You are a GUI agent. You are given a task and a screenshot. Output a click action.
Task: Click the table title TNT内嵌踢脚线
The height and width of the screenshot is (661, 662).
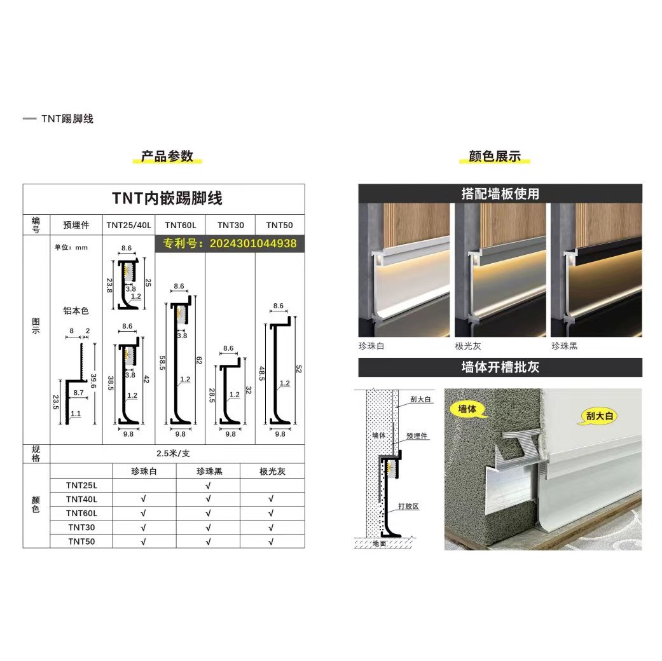coord(167,198)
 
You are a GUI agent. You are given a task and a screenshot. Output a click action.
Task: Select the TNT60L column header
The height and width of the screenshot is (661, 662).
coord(180,226)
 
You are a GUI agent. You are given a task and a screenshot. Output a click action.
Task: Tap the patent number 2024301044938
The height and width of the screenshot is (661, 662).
coord(253,243)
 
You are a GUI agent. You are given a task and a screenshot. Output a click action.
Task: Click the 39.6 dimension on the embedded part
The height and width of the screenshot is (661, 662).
coord(93,381)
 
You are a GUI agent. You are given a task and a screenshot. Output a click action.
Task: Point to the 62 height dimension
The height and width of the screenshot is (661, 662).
coord(199,360)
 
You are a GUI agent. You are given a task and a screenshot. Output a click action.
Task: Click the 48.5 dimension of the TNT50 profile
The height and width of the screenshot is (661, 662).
coord(262,374)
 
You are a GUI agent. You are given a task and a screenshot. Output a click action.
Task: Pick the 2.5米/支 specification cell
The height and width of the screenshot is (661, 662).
coord(173,454)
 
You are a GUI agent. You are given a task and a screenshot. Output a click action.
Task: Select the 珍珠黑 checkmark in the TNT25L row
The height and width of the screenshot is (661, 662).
coord(208,486)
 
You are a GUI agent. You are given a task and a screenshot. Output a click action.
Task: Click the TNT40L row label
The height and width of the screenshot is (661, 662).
coord(81,500)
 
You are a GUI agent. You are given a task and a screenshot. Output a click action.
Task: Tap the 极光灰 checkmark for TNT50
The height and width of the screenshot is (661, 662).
coord(271,542)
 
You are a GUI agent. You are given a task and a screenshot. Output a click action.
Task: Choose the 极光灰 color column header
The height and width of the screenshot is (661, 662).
coord(272,472)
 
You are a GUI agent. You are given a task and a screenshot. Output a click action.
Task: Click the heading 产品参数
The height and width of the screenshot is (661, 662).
coord(167,156)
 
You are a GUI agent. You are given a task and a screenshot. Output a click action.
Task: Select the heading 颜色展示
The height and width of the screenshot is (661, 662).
coord(494,156)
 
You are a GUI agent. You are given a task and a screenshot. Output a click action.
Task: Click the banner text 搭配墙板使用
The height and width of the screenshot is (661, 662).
coord(500,194)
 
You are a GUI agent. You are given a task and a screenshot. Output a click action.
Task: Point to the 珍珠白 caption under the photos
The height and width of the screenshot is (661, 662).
coord(371,346)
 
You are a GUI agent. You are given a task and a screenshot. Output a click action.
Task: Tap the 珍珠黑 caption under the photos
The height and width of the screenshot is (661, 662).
coord(564,346)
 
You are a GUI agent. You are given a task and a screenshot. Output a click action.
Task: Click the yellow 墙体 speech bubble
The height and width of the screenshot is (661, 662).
coord(467,409)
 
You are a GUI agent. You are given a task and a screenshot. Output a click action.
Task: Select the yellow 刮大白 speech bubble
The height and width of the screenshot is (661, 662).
coord(599,416)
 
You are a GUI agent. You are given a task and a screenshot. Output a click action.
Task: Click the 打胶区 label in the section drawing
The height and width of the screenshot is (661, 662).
coord(408,507)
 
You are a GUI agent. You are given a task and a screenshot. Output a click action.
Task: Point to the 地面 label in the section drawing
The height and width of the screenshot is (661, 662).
coord(380,543)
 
